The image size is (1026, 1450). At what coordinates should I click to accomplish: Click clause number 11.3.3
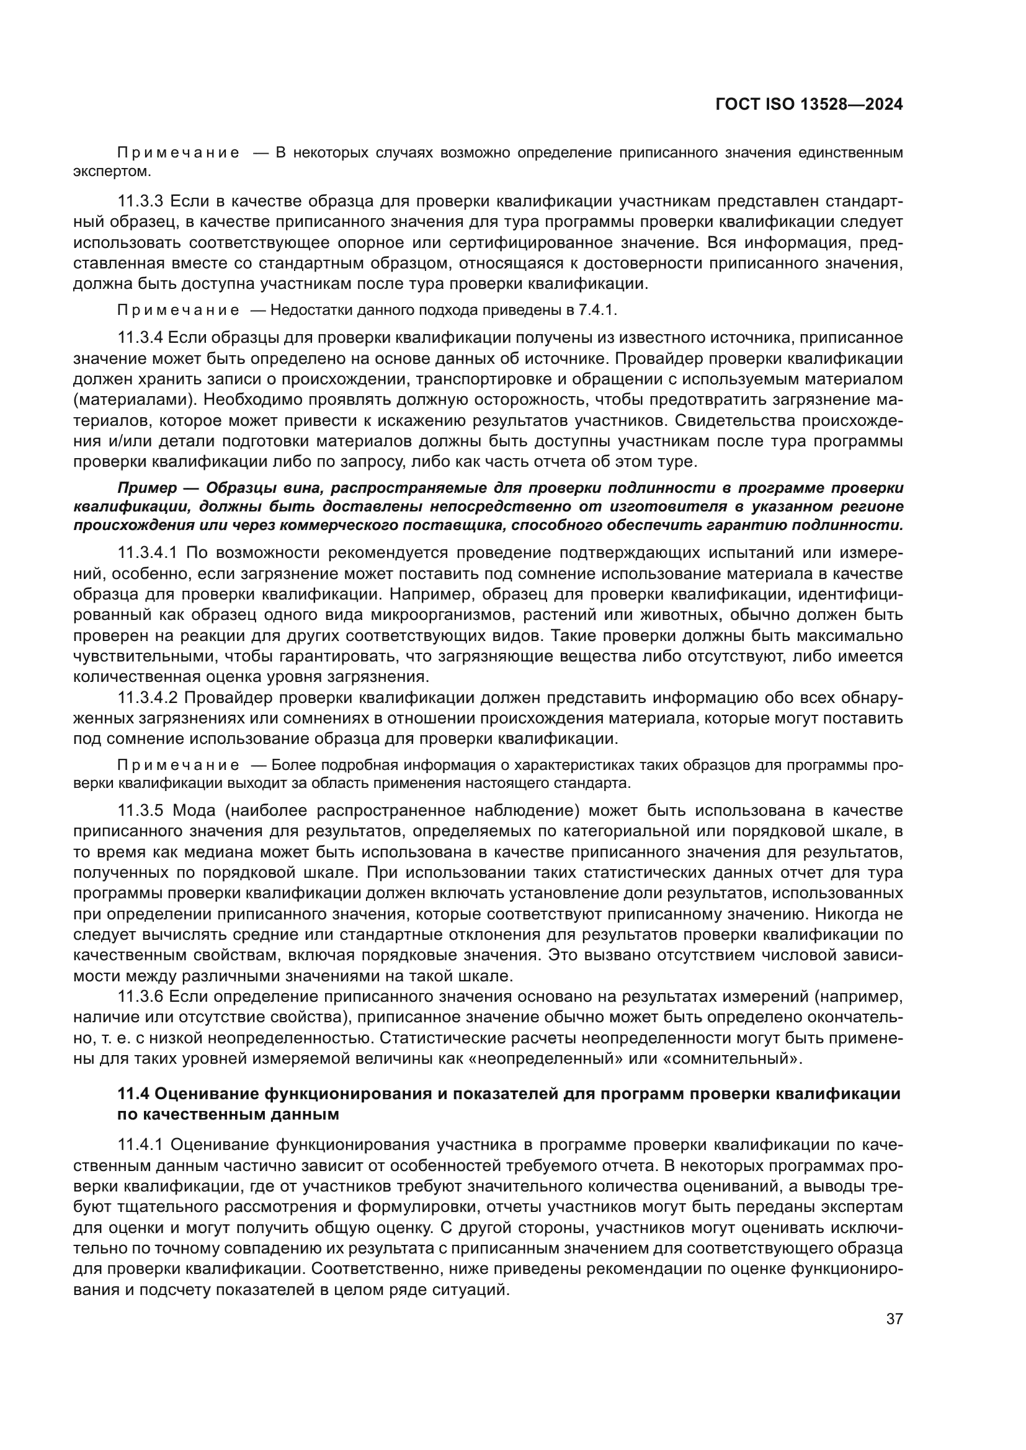[140, 201]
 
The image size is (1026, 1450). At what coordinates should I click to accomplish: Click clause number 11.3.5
[140, 810]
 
